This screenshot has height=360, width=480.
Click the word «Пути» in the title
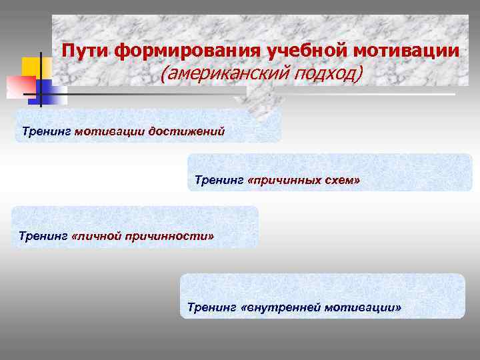[x=87, y=51]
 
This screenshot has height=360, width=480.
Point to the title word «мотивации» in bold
[x=407, y=51]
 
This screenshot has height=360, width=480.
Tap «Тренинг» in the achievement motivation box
[x=46, y=129]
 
